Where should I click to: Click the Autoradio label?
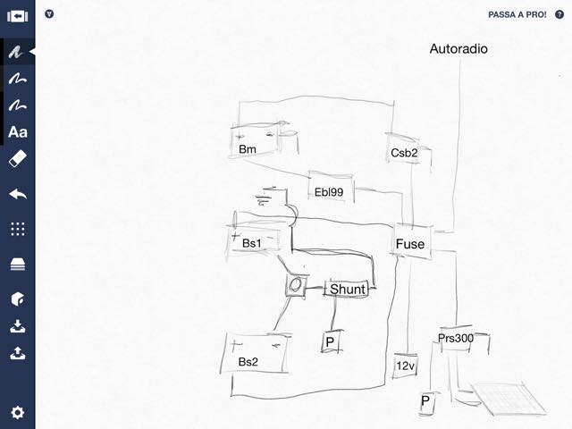pyautogui.click(x=458, y=49)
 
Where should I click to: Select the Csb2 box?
pyautogui.click(x=405, y=152)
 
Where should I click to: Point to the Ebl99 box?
pyautogui.click(x=330, y=190)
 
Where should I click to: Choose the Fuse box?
pyautogui.click(x=410, y=243)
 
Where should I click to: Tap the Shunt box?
pyautogui.click(x=348, y=289)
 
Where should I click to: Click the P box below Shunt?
pyautogui.click(x=329, y=342)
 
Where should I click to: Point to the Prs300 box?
pyautogui.click(x=456, y=339)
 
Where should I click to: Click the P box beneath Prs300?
pyautogui.click(x=426, y=403)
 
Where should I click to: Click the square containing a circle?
pyautogui.click(x=296, y=286)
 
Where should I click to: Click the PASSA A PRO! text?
pyautogui.click(x=517, y=15)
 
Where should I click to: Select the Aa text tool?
pyautogui.click(x=17, y=132)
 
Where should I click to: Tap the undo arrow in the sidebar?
pyautogui.click(x=17, y=193)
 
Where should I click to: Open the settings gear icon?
pyautogui.click(x=17, y=412)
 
